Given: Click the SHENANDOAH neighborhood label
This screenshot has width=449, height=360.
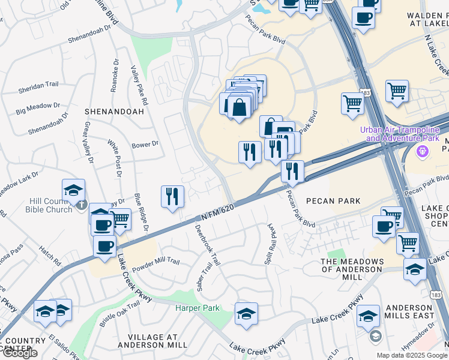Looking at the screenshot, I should tap(114, 112).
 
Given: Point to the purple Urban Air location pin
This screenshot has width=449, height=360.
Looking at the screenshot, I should tap(424, 151).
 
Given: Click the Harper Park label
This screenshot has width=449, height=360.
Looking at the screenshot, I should tap(197, 308).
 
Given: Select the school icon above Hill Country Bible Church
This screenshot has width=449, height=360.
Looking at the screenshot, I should tap(73, 190).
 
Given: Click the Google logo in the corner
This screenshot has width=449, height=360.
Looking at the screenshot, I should tap(20, 353).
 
